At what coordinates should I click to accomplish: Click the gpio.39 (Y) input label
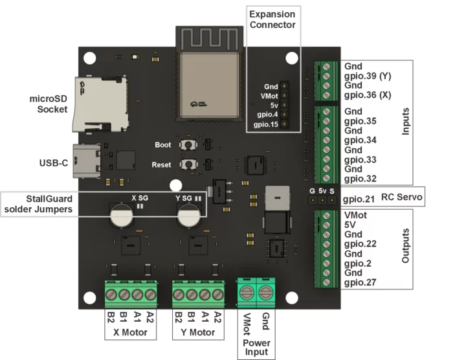coord(368,76)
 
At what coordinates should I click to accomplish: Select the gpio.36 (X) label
coord(368,95)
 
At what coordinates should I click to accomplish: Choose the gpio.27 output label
coord(359,282)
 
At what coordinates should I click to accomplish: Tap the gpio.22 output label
coord(359,244)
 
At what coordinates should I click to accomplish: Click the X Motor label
coord(131,333)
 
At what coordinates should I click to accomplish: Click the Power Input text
coord(256,347)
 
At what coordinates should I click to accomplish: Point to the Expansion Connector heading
coord(272,19)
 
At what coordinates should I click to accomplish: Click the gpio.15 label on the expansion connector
coord(266,124)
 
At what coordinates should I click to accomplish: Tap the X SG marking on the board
coord(140,197)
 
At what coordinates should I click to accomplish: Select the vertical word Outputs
coord(406,245)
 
